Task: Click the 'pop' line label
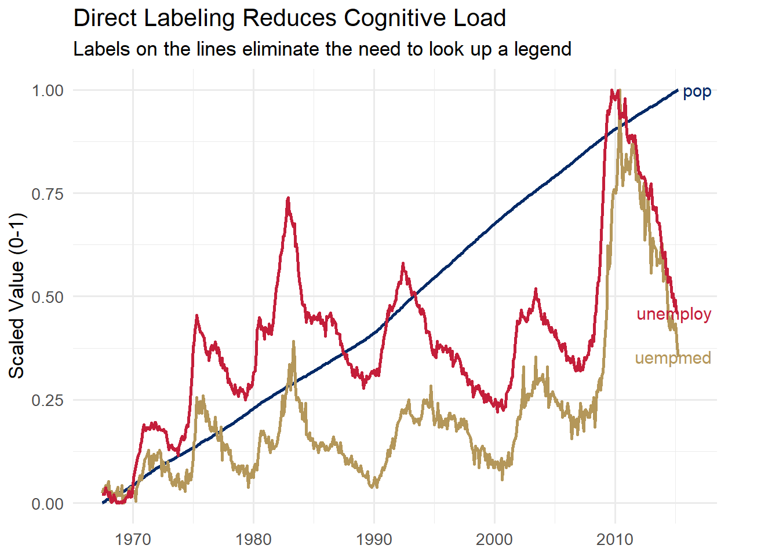pyautogui.click(x=697, y=92)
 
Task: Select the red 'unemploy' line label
pyautogui.click(x=674, y=314)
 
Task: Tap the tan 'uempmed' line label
pyautogui.click(x=673, y=359)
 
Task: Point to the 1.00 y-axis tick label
pyautogui.click(x=48, y=90)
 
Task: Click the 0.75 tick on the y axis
pyautogui.click(x=48, y=194)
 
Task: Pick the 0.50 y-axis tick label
pyautogui.click(x=48, y=297)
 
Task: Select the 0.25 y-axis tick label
pyautogui.click(x=48, y=400)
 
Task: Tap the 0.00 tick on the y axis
pyautogui.click(x=48, y=504)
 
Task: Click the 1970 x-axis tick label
pyautogui.click(x=133, y=540)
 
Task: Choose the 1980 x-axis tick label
pyautogui.click(x=253, y=540)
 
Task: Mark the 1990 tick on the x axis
pyautogui.click(x=374, y=540)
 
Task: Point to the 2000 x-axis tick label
pyautogui.click(x=494, y=540)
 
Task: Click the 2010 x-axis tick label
pyautogui.click(x=615, y=540)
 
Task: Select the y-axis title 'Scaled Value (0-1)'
pyautogui.click(x=17, y=296)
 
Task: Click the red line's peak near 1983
pyautogui.click(x=287, y=199)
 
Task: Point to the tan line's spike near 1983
pyautogui.click(x=294, y=342)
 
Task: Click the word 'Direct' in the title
pyautogui.click(x=105, y=19)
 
